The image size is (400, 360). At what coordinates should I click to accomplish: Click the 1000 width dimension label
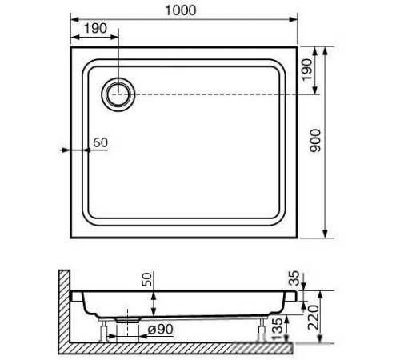tap(181, 10)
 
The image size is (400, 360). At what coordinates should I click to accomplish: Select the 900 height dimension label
tap(315, 141)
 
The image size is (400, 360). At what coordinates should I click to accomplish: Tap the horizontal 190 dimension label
tap(95, 28)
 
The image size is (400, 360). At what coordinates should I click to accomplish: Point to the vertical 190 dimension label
tap(306, 70)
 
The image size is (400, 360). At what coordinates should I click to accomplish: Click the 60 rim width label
tap(101, 142)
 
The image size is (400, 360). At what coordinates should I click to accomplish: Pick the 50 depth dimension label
tap(147, 279)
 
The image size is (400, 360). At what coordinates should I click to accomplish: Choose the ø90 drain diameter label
tap(160, 330)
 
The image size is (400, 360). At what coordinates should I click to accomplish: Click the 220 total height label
tap(313, 318)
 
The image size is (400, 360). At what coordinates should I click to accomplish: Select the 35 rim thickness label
tap(294, 278)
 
